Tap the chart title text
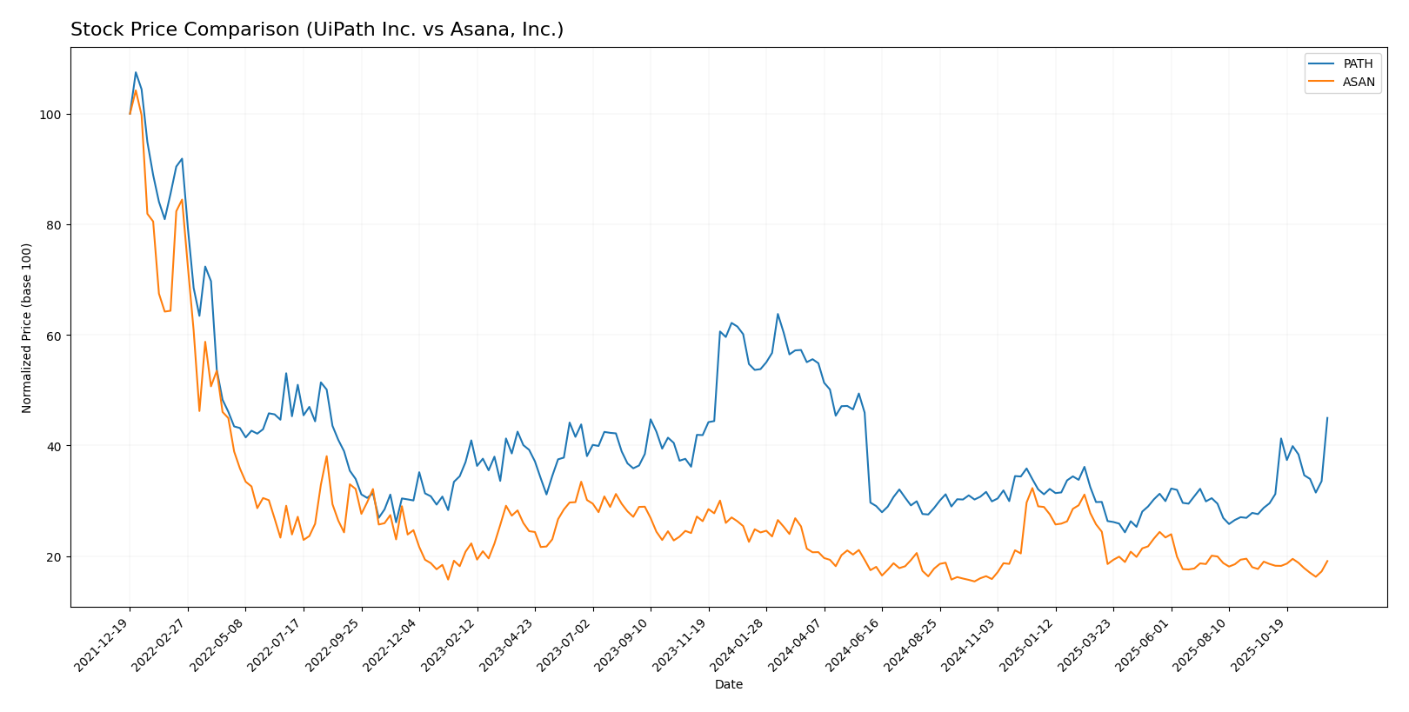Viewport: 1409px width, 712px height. point(317,30)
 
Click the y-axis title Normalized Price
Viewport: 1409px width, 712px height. point(27,328)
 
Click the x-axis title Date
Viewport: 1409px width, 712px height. point(729,685)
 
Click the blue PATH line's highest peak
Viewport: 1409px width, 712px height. point(136,72)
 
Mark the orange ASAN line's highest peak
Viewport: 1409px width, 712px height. point(136,90)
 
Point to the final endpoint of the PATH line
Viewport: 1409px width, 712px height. point(1327,417)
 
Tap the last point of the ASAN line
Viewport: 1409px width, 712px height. point(1327,561)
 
